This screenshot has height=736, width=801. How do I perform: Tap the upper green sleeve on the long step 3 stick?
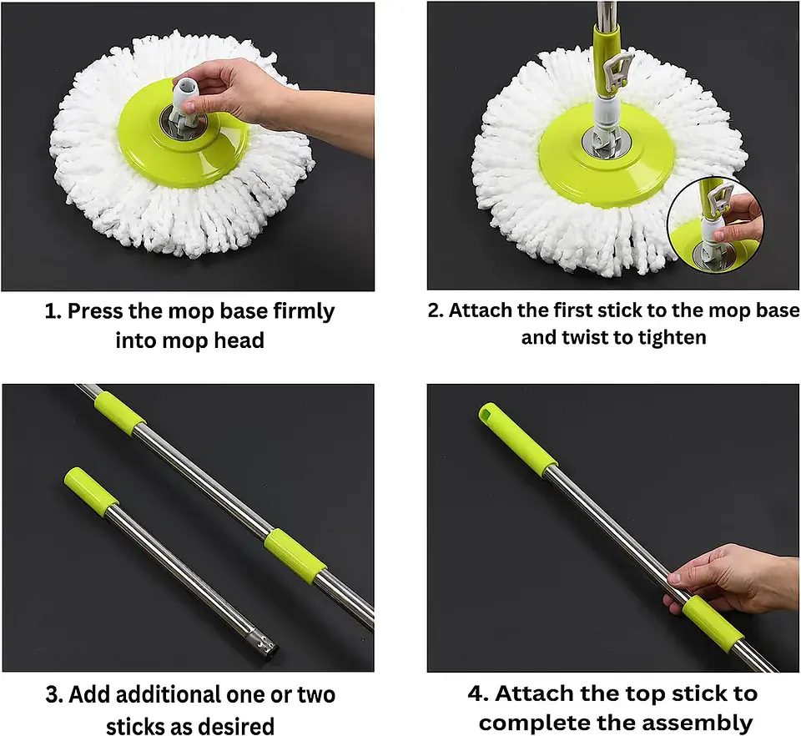click(119, 413)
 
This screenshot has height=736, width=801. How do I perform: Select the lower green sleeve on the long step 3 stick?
click(295, 555)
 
